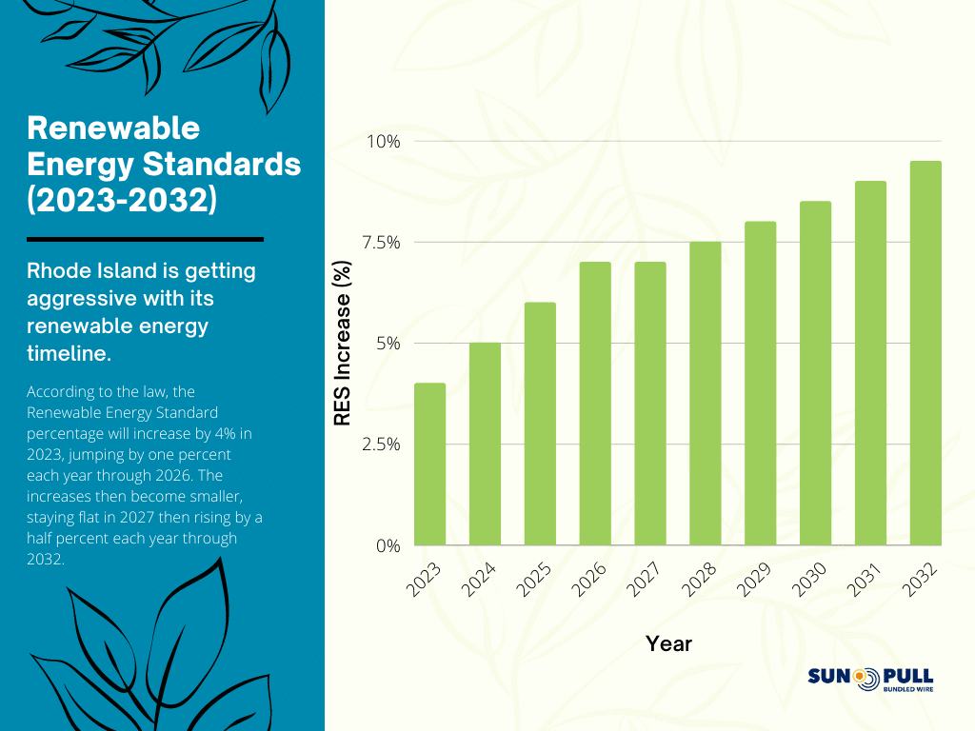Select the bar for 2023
[429, 464]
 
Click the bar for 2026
[595, 404]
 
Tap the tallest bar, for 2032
[925, 353]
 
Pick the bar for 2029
[760, 384]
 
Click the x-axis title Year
[668, 644]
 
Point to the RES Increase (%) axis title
[343, 344]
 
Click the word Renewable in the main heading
[113, 128]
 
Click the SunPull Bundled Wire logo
[870, 678]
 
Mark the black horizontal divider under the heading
[145, 239]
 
